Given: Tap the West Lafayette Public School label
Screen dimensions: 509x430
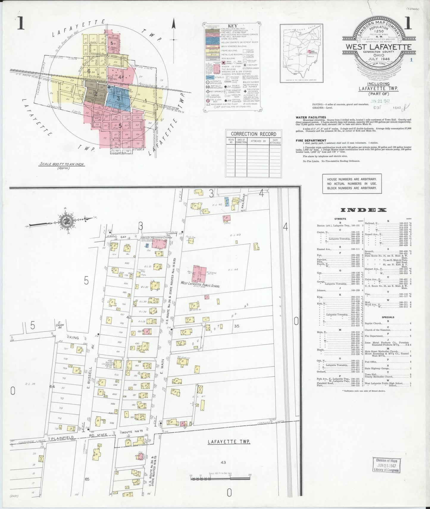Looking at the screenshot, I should click(200, 285).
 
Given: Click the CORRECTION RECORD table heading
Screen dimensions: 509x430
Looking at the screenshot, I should click(254, 134).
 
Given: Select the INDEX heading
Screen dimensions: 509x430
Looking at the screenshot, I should click(363, 210).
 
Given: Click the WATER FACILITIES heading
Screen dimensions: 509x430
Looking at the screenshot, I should click(311, 117).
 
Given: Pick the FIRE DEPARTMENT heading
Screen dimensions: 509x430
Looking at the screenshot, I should click(311, 140).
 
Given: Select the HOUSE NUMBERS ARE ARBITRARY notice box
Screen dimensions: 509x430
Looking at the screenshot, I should click(352, 184).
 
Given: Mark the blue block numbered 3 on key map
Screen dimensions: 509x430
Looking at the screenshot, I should click(118, 98).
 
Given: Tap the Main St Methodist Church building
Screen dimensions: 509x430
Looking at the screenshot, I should click(158, 243).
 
